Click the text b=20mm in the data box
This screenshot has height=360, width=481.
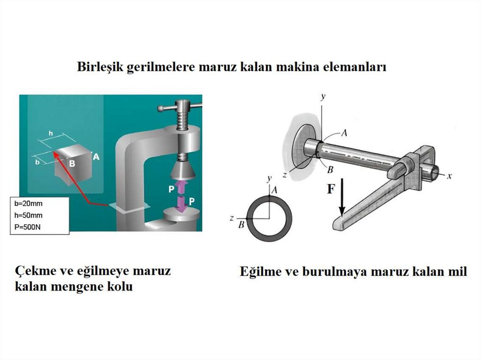tap(29, 203)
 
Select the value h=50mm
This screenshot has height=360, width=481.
tap(29, 215)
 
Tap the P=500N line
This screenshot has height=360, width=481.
tap(28, 227)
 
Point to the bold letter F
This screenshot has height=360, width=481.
tap(331, 189)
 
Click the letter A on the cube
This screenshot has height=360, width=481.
tap(96, 157)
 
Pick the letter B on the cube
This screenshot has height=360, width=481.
tap(72, 163)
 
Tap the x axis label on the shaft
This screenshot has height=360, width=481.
tap(449, 176)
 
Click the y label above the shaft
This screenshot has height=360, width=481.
tap(323, 97)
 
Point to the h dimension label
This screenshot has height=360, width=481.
tap(51, 133)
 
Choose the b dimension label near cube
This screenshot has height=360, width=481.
tap(37, 161)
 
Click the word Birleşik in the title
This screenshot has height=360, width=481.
tap(100, 67)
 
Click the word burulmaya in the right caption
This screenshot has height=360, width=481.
tap(333, 272)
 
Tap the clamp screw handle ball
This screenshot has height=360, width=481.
tap(161, 108)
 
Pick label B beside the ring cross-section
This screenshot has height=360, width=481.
tap(241, 225)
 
